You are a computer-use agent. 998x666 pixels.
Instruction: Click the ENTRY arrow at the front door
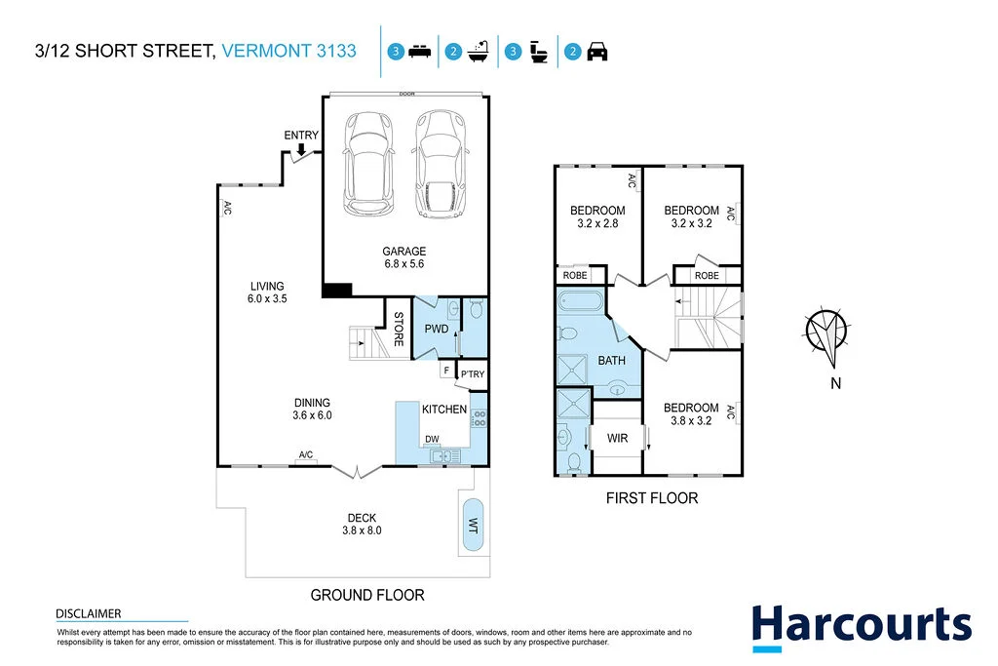(302, 149)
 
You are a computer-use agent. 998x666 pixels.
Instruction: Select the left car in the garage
(368, 163)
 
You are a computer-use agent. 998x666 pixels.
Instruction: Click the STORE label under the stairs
(399, 329)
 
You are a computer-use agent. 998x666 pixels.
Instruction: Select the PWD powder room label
(437, 329)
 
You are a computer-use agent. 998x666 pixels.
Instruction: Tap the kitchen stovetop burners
(479, 419)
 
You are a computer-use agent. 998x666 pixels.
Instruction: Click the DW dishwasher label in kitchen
(431, 439)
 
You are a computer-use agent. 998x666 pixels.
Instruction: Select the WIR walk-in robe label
(617, 439)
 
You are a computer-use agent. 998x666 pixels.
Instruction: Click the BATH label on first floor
(611, 361)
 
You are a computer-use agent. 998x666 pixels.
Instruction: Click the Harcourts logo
(861, 626)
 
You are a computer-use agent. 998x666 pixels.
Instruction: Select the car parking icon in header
(597, 53)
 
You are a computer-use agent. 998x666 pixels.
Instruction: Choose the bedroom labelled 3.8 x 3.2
(691, 415)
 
